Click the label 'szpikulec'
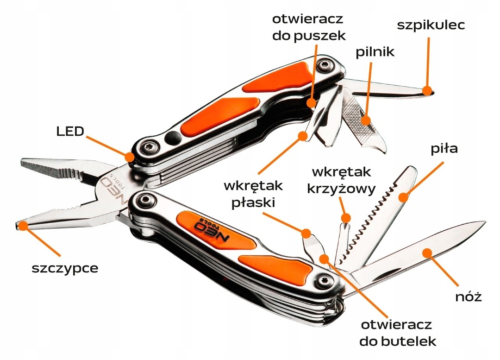431,25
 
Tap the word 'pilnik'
375,52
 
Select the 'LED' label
70,131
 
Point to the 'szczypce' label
65,268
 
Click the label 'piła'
444,149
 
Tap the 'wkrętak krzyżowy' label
342,181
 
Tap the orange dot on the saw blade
404,197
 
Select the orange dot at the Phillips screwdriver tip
346,217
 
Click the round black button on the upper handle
173,137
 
